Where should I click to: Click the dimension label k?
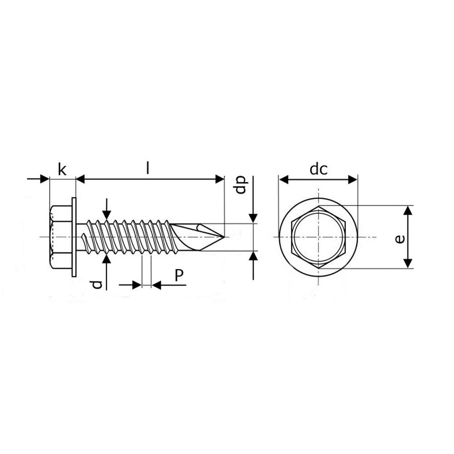[62, 170]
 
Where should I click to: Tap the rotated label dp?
[241, 185]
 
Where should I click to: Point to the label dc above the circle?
[318, 169]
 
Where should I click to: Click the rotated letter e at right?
[400, 239]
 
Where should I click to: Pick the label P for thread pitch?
[179, 275]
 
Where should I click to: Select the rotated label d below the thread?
[96, 285]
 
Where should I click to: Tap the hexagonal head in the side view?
[61, 237]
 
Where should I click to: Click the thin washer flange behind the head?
[74, 237]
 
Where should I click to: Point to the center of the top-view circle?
[318, 237]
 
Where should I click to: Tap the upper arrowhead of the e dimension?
[408, 210]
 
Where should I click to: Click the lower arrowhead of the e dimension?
[408, 263]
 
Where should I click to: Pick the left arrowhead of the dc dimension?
[284, 180]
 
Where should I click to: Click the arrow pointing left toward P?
[157, 285]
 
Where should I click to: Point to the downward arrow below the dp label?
[253, 217]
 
